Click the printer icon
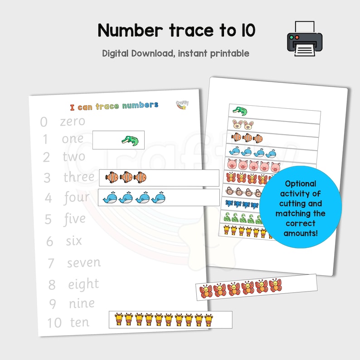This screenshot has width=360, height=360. pyautogui.click(x=304, y=38)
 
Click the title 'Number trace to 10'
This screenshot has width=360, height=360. pyautogui.click(x=176, y=31)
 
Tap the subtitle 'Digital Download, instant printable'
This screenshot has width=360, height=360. pyautogui.click(x=175, y=53)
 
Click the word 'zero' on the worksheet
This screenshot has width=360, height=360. pyautogui.click(x=73, y=122)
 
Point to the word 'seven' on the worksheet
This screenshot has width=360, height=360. pyautogui.click(x=84, y=263)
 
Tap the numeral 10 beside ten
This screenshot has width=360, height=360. pyautogui.click(x=54, y=323)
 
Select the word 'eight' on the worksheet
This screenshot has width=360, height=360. pyautogui.click(x=83, y=284)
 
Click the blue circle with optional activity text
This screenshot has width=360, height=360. pyautogui.click(x=300, y=207)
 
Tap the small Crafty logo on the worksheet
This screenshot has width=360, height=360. pyautogui.click(x=182, y=105)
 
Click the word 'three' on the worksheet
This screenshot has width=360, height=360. pyautogui.click(x=78, y=177)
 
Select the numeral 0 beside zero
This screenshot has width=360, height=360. pyautogui.click(x=44, y=122)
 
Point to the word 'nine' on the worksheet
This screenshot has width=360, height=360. pyautogui.click(x=82, y=303)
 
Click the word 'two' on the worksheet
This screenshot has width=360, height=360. pyautogui.click(x=74, y=157)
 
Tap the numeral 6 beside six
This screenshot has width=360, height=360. pyautogui.click(x=49, y=241)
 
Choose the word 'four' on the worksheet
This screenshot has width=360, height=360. pyautogui.click(x=76, y=198)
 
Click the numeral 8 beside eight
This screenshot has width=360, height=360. pyautogui.click(x=52, y=285)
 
